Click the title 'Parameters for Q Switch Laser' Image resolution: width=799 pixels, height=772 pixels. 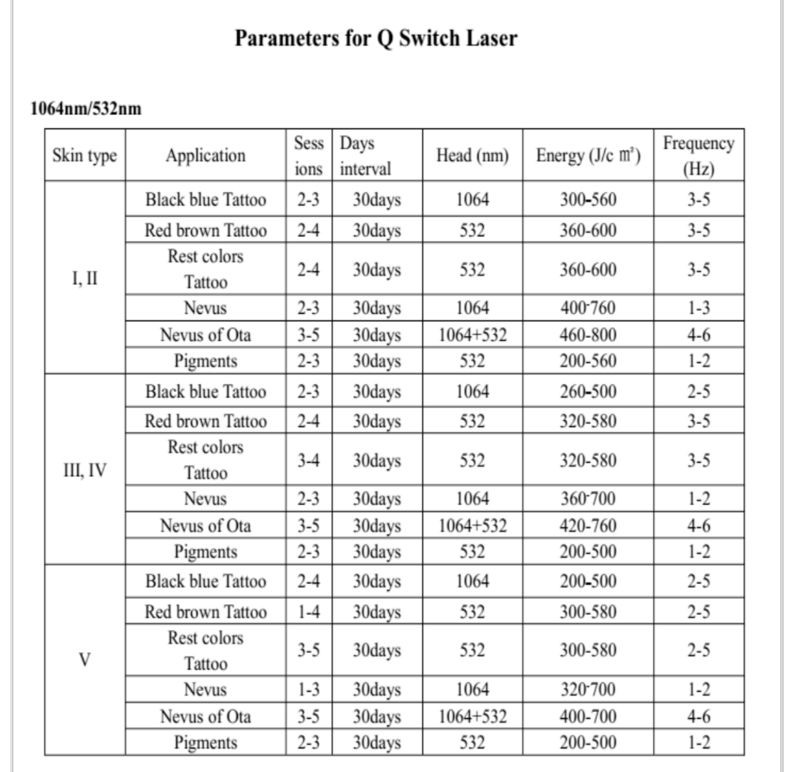tap(376, 38)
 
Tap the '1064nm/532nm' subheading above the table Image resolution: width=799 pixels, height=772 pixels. tap(86, 108)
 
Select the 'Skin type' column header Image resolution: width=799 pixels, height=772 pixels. tap(85, 155)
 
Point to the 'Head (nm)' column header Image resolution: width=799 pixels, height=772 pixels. tap(472, 155)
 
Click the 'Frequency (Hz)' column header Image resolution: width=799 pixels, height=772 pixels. tap(698, 155)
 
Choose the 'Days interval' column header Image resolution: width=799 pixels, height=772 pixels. tap(365, 155)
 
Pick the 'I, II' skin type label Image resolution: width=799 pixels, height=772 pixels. tap(85, 278)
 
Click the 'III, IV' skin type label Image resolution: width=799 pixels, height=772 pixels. tap(85, 470)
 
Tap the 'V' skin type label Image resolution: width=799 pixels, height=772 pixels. tap(85, 660)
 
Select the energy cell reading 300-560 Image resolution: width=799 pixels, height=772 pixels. tap(588, 199)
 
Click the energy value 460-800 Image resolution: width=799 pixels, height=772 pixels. tap(588, 335)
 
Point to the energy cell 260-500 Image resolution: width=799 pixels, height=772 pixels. tap(588, 391)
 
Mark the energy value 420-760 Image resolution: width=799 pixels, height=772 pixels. tap(588, 526)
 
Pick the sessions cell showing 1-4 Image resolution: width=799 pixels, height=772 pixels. tap(308, 612)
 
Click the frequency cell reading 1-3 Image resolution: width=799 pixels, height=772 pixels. tap(698, 308)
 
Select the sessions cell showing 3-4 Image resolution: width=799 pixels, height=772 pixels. tap(308, 460)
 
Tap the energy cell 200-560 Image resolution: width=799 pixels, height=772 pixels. tap(588, 361)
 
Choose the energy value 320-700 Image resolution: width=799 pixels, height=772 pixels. tap(588, 690)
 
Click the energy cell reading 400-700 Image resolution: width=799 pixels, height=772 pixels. tap(588, 716)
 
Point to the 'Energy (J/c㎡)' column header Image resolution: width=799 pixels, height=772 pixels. tap(588, 155)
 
